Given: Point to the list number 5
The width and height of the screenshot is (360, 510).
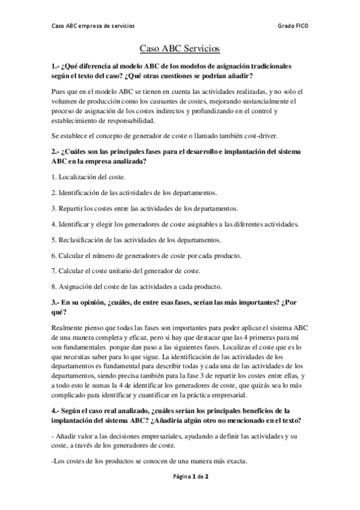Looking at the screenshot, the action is click(x=53, y=240).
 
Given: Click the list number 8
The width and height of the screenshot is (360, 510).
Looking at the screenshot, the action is click(x=53, y=286).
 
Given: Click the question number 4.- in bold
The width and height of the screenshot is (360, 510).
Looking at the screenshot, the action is click(x=57, y=411).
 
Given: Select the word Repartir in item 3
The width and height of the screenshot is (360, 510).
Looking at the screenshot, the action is click(x=72, y=208).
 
